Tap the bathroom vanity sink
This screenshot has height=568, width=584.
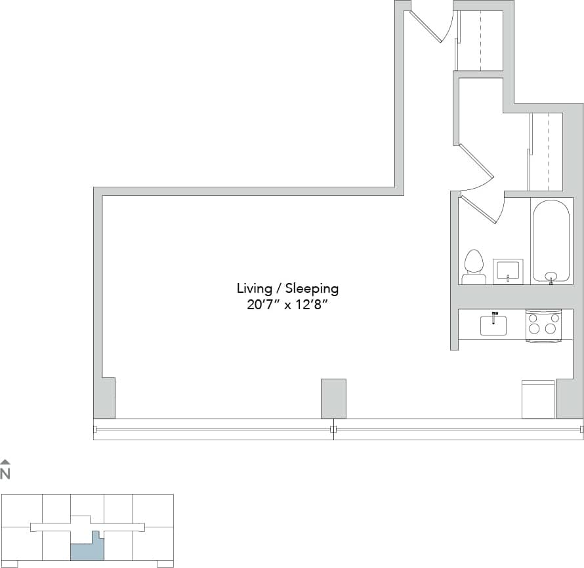pyautogui.click(x=508, y=271)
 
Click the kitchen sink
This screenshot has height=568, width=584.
pyautogui.click(x=493, y=325)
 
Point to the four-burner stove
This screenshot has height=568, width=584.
pyautogui.click(x=543, y=325)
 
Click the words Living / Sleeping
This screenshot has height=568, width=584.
pyautogui.click(x=287, y=288)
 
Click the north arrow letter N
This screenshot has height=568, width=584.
pyautogui.click(x=5, y=474)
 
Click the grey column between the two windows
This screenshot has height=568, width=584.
pyautogui.click(x=333, y=398)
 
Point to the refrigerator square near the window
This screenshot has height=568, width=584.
pyautogui.click(x=538, y=399)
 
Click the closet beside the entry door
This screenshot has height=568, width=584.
pyautogui.click(x=480, y=39)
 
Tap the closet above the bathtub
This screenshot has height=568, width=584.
pyautogui.click(x=546, y=151)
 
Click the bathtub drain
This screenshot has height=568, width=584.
pyautogui.click(x=551, y=276)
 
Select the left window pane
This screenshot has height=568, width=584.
pyautogui.click(x=213, y=429)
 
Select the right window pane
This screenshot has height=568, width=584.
pyautogui.click(x=458, y=429)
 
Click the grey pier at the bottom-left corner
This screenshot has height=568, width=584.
pyautogui.click(x=105, y=397)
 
